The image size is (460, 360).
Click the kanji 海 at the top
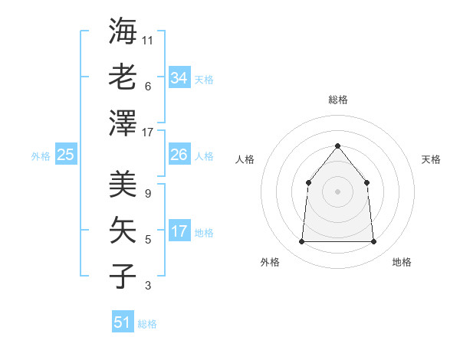pyautogui.click(x=123, y=31)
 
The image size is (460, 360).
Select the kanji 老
pyautogui.click(x=123, y=77)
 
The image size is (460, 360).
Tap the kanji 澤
pyautogui.click(x=123, y=123)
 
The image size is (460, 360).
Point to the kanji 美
pyautogui.click(x=123, y=185)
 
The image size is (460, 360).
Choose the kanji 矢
pyautogui.click(x=123, y=231)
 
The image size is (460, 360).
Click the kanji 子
pyautogui.click(x=123, y=276)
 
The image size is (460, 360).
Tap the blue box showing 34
pyautogui.click(x=179, y=78)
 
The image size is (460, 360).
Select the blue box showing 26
pyautogui.click(x=179, y=155)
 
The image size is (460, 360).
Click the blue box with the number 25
pyautogui.click(x=65, y=155)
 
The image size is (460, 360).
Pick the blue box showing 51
pyautogui.click(x=123, y=322)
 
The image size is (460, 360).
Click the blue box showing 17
pyautogui.click(x=179, y=231)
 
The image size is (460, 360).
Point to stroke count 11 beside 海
pyautogui.click(x=148, y=40)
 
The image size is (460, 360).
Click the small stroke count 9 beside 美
pyautogui.click(x=147, y=194)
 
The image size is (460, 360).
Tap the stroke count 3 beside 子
pyautogui.click(x=147, y=286)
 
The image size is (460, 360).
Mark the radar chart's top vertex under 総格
pyautogui.click(x=337, y=146)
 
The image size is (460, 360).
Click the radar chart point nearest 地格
pyautogui.click(x=373, y=242)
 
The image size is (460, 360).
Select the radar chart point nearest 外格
pyautogui.click(x=301, y=242)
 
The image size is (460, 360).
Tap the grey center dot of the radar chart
pyautogui.click(x=337, y=191)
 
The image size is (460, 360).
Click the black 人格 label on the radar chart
pyautogui.click(x=245, y=159)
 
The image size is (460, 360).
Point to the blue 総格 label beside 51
pyautogui.click(x=147, y=324)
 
